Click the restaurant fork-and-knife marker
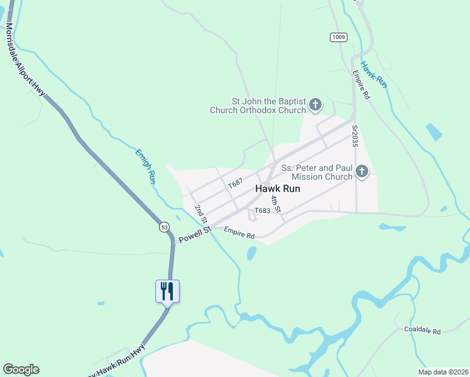coord(167,291)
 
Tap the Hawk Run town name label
coord(277,188)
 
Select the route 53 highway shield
coord(164,226)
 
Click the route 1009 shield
coord(338,38)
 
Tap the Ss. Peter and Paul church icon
coord(361,171)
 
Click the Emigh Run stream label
coord(145,166)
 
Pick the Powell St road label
coord(194,236)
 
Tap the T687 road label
coord(236,183)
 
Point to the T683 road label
coord(262,211)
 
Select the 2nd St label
coord(200,213)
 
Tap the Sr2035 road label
coord(355,136)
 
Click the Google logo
coord(21,369)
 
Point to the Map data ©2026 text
coord(442,372)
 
